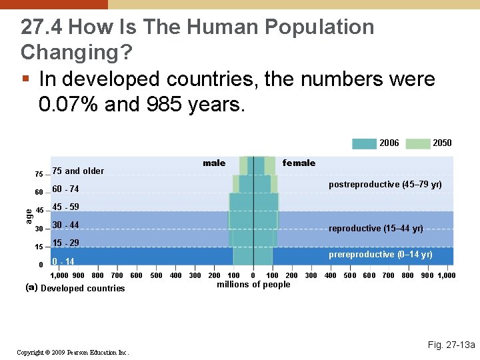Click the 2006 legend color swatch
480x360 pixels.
[364, 143]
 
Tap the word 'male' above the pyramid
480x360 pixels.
[214, 163]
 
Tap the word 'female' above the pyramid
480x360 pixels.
[299, 163]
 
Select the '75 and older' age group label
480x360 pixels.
[78, 171]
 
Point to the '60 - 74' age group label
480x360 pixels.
[65, 189]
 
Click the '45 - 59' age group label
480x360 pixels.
[65, 207]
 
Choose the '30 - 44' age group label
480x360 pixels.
[65, 225]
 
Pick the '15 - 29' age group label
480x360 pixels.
[65, 243]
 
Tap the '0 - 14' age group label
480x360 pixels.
[63, 261]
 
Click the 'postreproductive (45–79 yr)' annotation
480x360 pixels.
[385, 185]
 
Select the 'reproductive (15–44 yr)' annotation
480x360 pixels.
[376, 229]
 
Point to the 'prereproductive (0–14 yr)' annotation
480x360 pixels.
[380, 255]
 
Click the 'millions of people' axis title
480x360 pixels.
[253, 285]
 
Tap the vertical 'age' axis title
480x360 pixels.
[29, 215]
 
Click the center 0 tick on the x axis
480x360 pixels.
[253, 275]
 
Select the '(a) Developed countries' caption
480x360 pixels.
[75, 289]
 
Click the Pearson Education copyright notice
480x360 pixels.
[74, 352]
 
